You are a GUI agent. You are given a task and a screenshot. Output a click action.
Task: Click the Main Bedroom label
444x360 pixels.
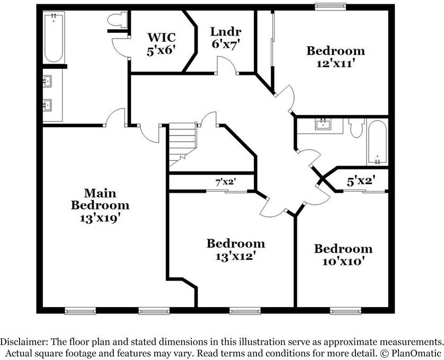100,199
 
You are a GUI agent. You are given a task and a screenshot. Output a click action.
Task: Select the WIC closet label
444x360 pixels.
161,37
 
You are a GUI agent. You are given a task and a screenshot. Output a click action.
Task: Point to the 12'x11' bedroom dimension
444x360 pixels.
335,63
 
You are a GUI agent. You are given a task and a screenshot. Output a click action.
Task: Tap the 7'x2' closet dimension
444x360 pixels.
225,182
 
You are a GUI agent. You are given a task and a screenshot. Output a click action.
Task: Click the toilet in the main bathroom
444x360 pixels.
116,20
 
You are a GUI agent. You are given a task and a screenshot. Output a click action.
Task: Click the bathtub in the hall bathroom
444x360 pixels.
377,142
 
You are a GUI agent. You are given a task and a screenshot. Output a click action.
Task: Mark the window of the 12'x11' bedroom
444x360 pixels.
331,6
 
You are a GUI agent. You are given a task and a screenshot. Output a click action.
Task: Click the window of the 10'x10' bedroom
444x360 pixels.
345,311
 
